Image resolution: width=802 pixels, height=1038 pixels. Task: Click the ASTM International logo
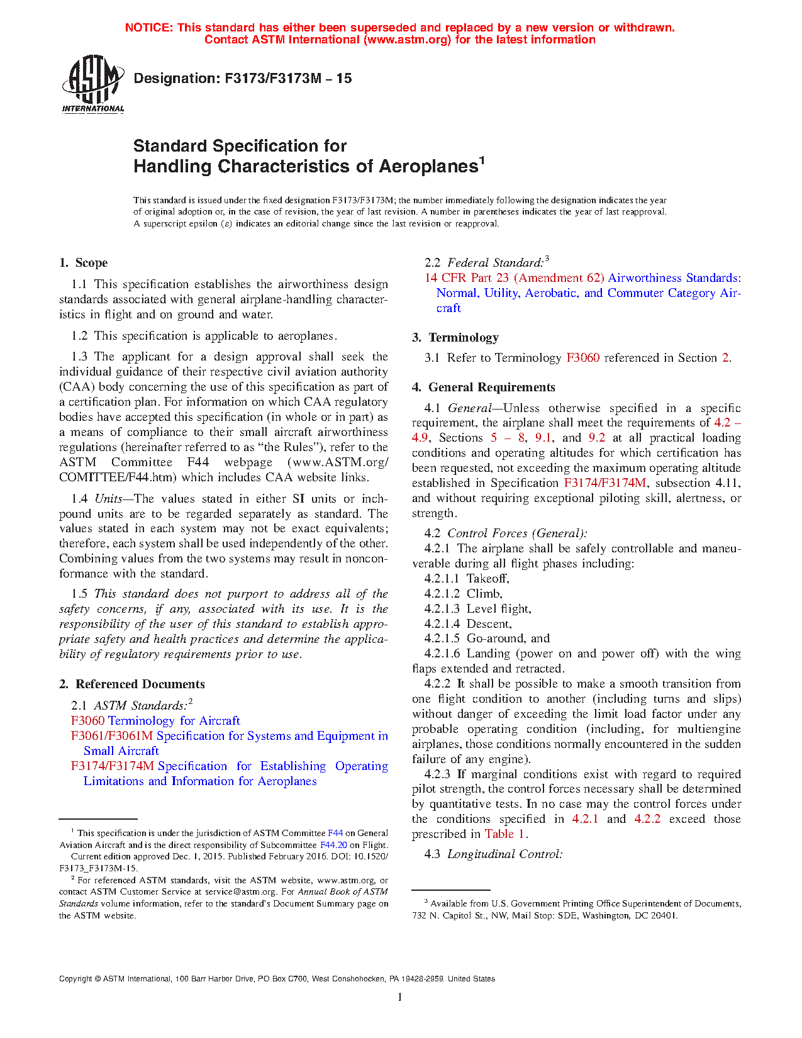click(x=92, y=84)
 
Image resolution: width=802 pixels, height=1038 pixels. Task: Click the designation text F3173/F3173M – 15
click(x=243, y=79)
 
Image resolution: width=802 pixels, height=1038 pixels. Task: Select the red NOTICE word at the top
click(x=148, y=28)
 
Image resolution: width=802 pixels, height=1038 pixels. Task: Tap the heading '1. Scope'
click(x=83, y=263)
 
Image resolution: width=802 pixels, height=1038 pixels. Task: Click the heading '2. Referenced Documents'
click(x=132, y=684)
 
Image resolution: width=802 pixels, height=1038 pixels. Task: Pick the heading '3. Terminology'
click(x=455, y=338)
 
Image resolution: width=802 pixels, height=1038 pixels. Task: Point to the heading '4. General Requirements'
click(x=484, y=388)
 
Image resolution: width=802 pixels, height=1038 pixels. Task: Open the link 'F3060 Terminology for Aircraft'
click(x=155, y=721)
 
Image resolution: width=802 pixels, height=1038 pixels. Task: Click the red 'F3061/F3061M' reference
click(x=112, y=736)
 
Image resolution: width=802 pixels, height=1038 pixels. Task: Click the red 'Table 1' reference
click(x=505, y=834)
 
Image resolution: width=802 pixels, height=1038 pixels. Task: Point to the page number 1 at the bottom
click(x=399, y=997)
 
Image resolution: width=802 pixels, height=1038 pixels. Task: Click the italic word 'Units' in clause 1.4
click(x=108, y=499)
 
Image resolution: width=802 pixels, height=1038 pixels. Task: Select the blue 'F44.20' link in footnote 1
click(x=333, y=845)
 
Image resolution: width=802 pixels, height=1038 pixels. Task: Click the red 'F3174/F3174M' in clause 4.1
click(x=605, y=483)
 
